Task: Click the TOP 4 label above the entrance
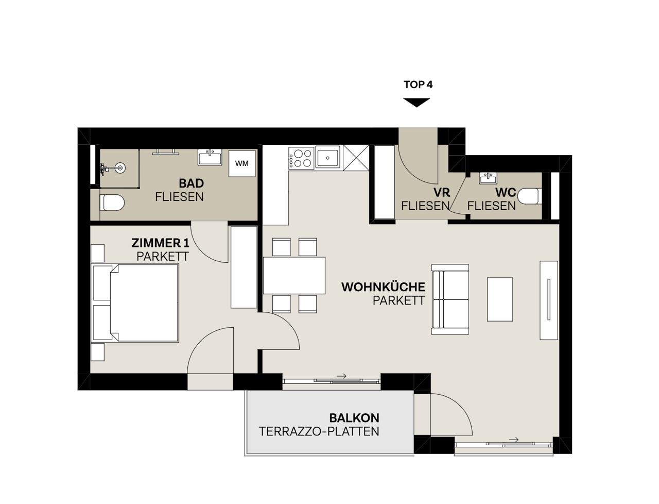(418, 85)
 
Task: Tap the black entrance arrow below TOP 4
(417, 103)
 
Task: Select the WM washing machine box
(241, 163)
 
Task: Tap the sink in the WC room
(489, 178)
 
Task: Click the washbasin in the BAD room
(210, 157)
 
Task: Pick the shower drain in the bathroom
(120, 168)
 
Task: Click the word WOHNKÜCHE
(383, 287)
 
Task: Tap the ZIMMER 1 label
(160, 243)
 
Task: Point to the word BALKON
(354, 418)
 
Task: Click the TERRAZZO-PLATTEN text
(319, 431)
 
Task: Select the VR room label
(442, 192)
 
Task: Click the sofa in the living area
(450, 299)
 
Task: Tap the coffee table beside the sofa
(500, 299)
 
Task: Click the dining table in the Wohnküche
(294, 275)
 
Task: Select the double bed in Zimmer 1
(135, 303)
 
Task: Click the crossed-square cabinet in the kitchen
(356, 158)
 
